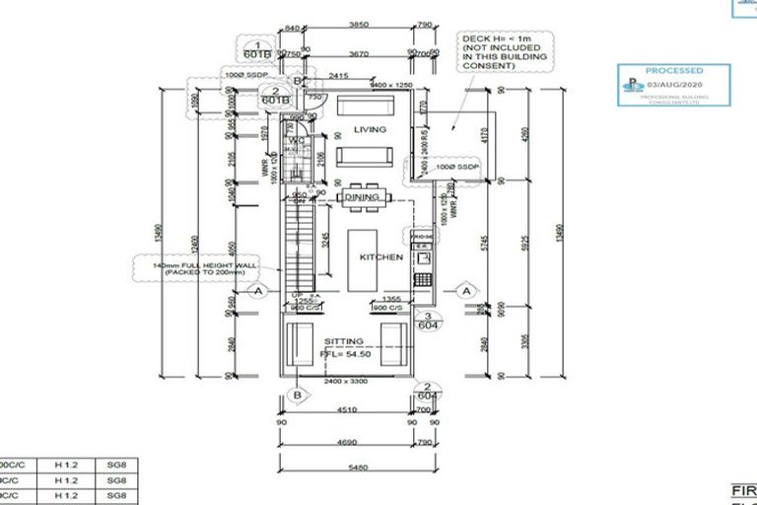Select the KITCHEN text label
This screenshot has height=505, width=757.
[380, 257]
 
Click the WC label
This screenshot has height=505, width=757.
[295, 141]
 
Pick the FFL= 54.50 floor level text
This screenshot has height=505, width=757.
[344, 358]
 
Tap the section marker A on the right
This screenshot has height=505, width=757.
[466, 290]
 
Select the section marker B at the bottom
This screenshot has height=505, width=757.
[294, 396]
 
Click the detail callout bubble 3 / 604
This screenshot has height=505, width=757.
[428, 321]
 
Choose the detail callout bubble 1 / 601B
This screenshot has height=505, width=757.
[257, 50]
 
